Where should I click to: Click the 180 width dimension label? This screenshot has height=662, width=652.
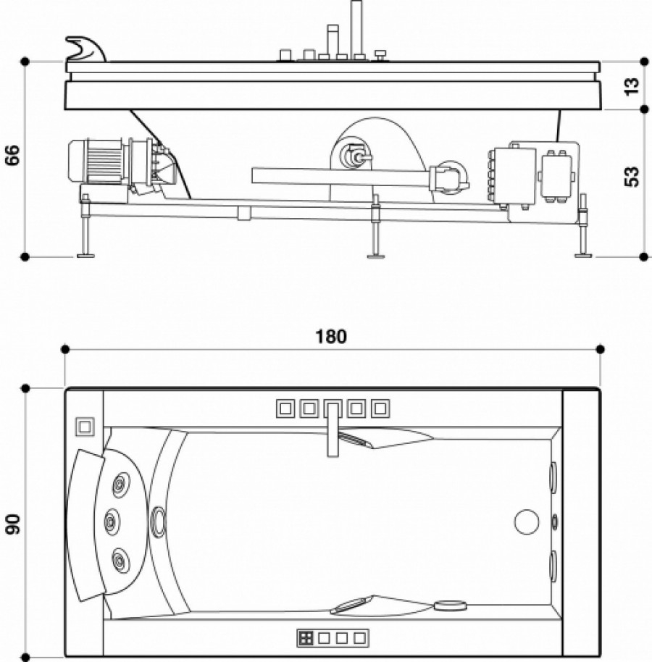(x=331, y=337)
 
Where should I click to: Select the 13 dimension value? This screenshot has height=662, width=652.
(x=632, y=85)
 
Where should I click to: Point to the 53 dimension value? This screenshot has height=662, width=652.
(x=632, y=176)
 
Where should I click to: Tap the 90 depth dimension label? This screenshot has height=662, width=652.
(x=12, y=524)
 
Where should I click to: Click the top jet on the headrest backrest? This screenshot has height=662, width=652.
(x=118, y=483)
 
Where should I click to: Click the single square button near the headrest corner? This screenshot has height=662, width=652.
(x=85, y=426)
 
